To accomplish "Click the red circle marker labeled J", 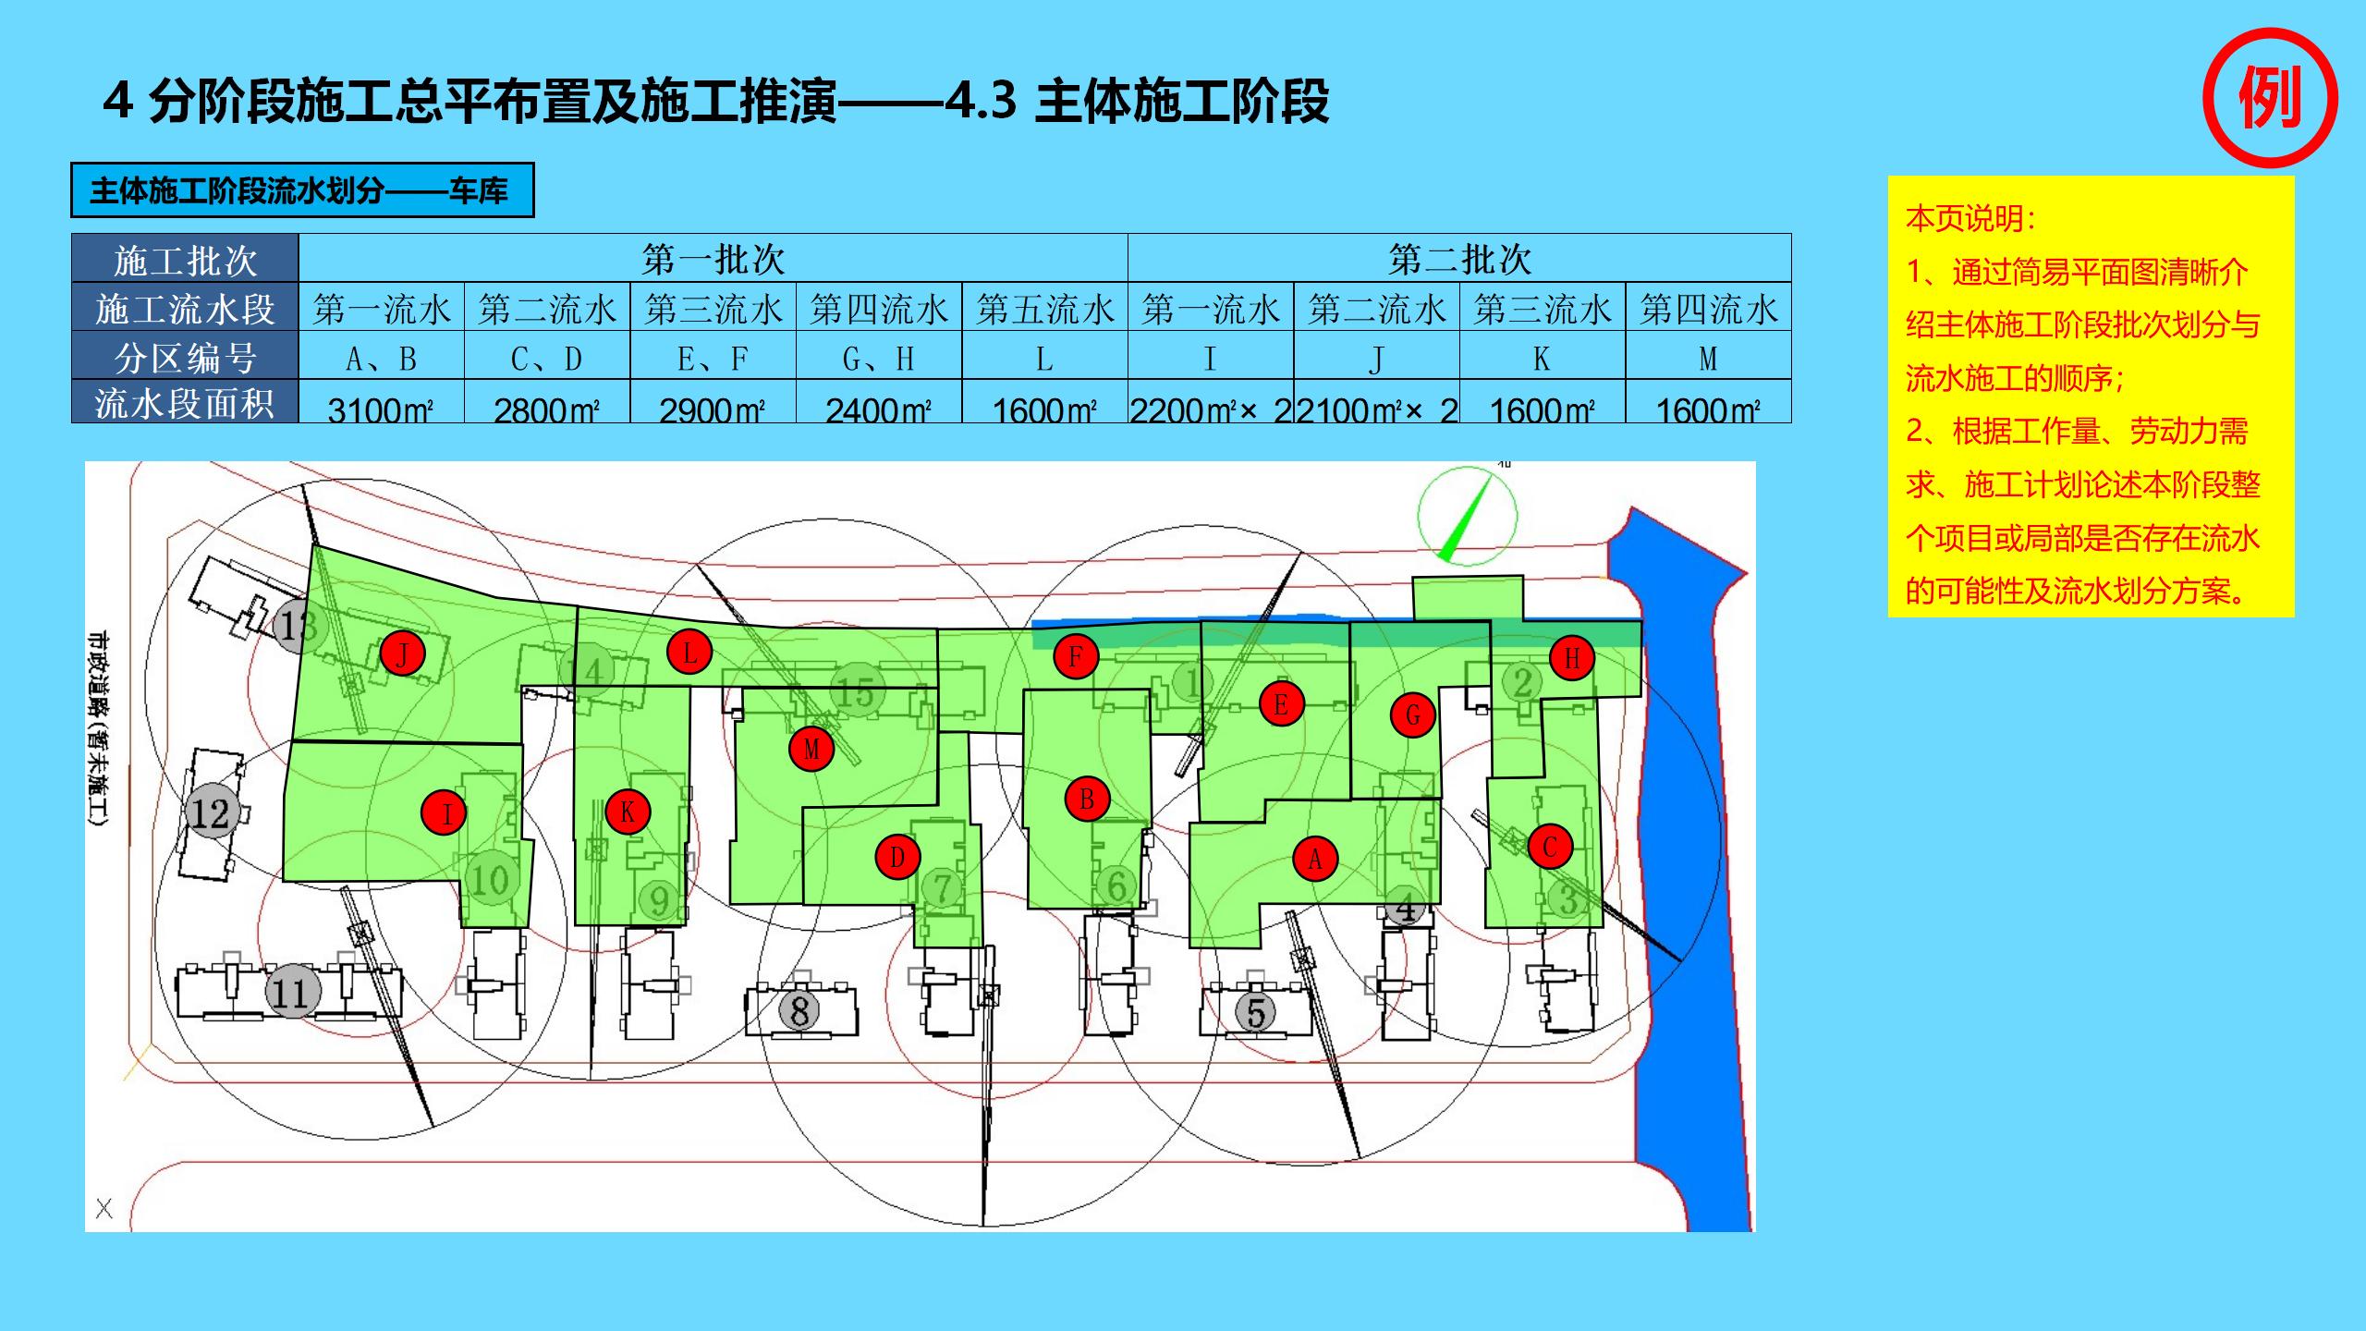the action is point(402,654).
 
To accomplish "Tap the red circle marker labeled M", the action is point(811,748).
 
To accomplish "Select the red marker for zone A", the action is point(1315,859).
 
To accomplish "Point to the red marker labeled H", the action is point(1572,657).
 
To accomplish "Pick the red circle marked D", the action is point(896,857).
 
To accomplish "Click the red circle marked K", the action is point(628,812).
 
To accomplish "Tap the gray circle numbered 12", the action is point(210,813).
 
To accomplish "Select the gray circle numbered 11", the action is point(292,993).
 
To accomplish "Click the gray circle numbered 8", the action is point(799,1009).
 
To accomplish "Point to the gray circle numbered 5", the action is point(1256,1011).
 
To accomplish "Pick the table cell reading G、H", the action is point(879,358).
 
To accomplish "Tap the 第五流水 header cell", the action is point(1044,308).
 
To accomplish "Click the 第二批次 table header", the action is point(1459,259).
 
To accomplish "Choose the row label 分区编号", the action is point(185,358).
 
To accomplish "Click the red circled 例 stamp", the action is point(2270,98).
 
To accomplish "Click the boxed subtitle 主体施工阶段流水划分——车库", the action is point(302,190).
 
